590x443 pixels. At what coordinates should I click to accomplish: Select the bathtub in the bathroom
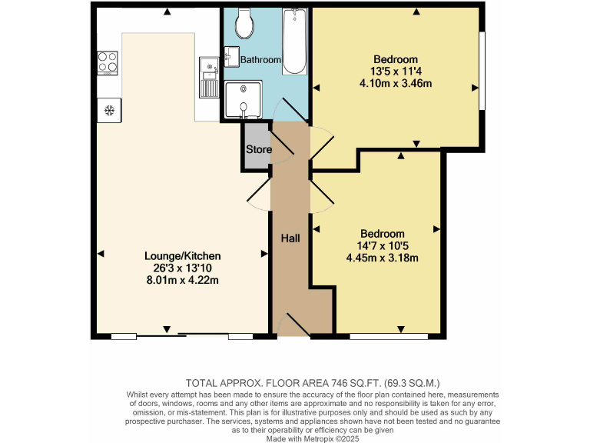coord(294,42)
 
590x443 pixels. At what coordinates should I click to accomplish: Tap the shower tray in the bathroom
coord(243,100)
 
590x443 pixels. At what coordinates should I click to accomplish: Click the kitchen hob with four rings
coord(108,61)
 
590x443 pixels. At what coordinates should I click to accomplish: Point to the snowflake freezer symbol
coord(109,111)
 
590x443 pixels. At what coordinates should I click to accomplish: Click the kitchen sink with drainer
coord(208,77)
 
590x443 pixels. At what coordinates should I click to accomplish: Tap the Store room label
coord(258,149)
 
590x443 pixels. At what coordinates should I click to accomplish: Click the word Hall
coord(290,238)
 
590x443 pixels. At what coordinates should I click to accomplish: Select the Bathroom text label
coord(260,59)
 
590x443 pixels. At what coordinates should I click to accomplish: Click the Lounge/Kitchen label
coord(183,256)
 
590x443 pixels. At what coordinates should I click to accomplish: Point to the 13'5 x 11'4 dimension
coord(395,72)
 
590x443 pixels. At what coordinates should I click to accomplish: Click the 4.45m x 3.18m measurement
coord(383,258)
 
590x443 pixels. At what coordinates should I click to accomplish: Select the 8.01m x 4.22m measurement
coord(183,280)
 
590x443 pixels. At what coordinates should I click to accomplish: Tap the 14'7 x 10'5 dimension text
coord(383,246)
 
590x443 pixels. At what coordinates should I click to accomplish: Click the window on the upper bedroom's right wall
coord(482,71)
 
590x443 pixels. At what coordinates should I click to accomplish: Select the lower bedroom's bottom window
coord(389,336)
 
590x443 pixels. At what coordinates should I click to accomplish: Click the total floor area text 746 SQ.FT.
coord(313,382)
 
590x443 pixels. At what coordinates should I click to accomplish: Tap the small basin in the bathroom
coord(232,55)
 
